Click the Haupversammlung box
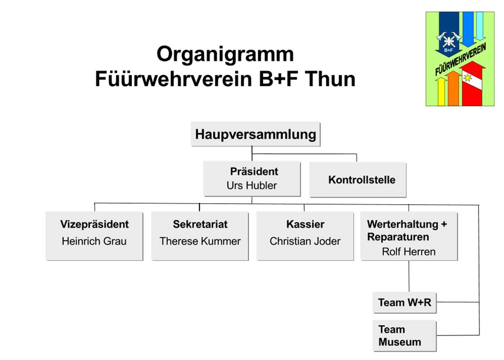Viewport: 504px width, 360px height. pyautogui.click(x=255, y=134)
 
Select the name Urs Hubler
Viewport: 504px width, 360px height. pyautogui.click(x=251, y=185)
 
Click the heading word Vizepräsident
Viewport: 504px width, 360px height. pyautogui.click(x=94, y=224)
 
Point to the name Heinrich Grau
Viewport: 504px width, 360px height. pyautogui.click(x=94, y=241)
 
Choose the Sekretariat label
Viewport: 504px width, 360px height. pyautogui.click(x=200, y=224)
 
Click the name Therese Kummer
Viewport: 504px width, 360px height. pyautogui.click(x=200, y=241)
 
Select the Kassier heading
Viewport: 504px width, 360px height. pyautogui.click(x=305, y=224)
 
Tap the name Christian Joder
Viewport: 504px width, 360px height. pyautogui.click(x=305, y=241)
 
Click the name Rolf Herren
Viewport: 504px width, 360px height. pyautogui.click(x=408, y=251)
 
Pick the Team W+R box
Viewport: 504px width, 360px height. pyautogui.click(x=404, y=302)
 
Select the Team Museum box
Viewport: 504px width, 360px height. pyautogui.click(x=404, y=335)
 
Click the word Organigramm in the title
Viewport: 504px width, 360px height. pyautogui.click(x=225, y=55)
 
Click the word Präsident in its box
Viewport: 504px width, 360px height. pyautogui.click(x=254, y=172)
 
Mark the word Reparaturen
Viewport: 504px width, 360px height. pyautogui.click(x=398, y=237)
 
